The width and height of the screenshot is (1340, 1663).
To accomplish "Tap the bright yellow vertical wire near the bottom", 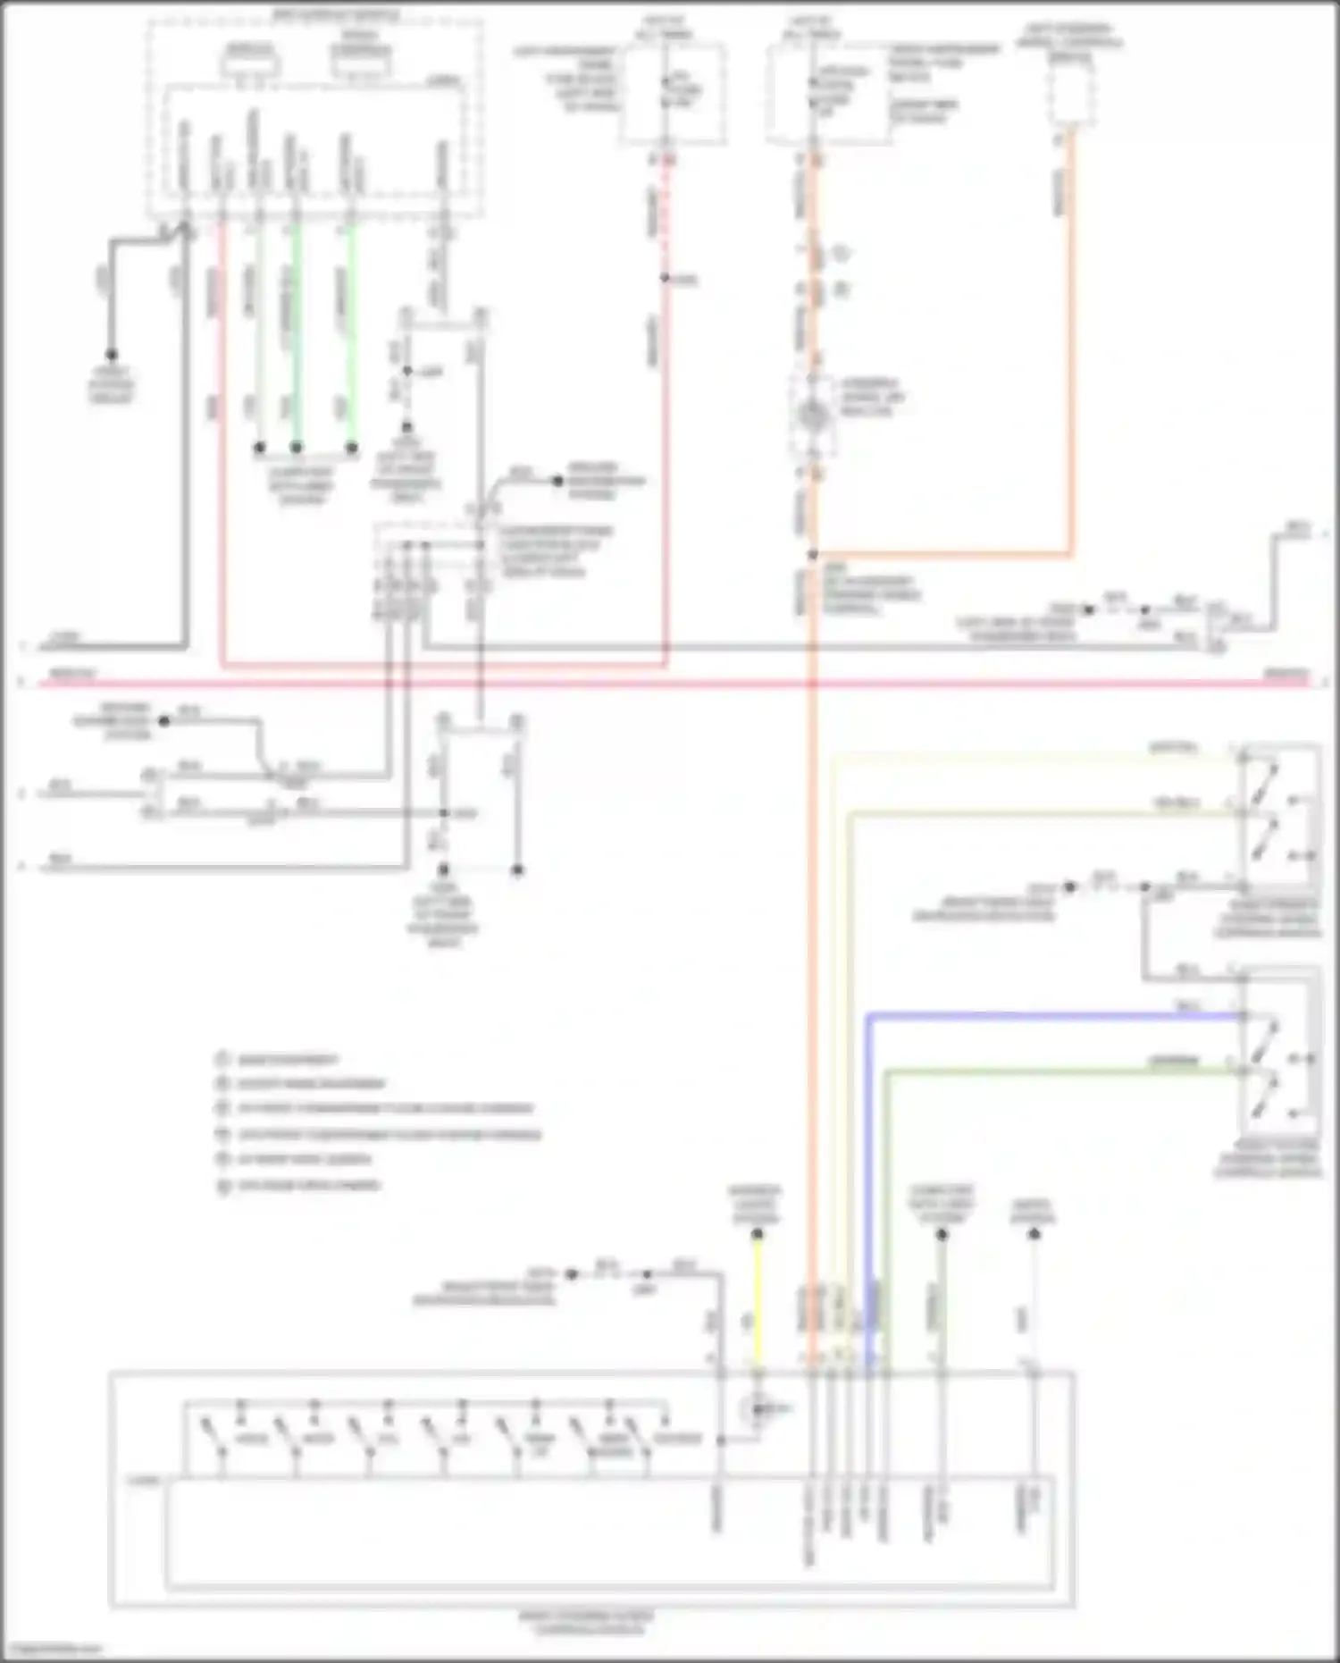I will pyautogui.click(x=758, y=1305).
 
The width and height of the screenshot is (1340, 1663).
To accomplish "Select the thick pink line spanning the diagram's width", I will pyautogui.click(x=625, y=684).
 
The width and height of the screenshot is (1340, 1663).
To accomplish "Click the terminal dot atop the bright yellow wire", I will pyautogui.click(x=758, y=1234).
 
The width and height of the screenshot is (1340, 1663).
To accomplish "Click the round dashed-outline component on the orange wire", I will pyautogui.click(x=812, y=415).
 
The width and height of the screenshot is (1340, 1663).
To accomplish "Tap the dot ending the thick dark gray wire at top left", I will pyautogui.click(x=112, y=355).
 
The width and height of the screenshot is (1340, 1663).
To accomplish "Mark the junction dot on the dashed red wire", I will pyautogui.click(x=666, y=278).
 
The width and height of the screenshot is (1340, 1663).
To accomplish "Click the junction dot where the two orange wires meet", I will pyautogui.click(x=813, y=555).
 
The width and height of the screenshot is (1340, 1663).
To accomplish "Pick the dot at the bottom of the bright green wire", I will pyautogui.click(x=352, y=447).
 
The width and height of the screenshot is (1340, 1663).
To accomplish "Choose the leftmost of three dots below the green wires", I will pyautogui.click(x=260, y=447).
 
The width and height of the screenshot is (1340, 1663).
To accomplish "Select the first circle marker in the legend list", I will pyautogui.click(x=222, y=1060).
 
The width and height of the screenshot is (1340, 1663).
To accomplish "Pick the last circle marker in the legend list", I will pyautogui.click(x=222, y=1186).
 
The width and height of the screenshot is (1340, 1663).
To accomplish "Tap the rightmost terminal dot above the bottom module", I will pyautogui.click(x=1034, y=1234).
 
